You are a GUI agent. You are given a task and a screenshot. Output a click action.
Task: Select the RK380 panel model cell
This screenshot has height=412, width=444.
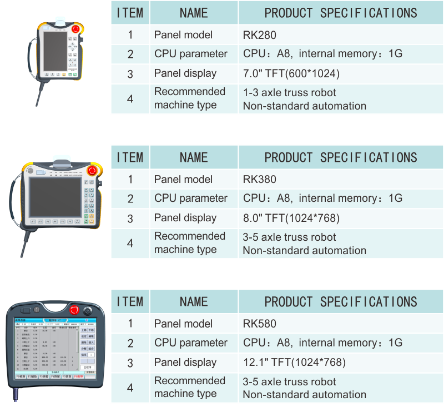pos(259,180)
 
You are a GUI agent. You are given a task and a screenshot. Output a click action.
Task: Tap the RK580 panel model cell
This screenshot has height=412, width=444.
pos(259,324)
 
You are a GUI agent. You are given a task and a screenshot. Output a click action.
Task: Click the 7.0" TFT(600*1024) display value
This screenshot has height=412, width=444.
pos(291,73)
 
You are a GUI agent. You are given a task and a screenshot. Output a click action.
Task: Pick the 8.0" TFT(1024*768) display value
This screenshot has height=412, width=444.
pos(291,218)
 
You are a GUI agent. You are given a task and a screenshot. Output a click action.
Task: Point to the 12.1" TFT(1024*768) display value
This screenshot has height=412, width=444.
pos(294,363)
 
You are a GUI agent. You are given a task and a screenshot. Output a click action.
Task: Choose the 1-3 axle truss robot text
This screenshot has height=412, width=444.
pos(289,93)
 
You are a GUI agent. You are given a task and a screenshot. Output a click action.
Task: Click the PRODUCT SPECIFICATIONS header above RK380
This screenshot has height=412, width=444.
pos(340,157)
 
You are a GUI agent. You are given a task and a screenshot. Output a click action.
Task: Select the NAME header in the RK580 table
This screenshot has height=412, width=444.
pos(193,302)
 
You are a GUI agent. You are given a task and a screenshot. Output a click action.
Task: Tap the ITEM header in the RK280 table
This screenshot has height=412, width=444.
pos(130,13)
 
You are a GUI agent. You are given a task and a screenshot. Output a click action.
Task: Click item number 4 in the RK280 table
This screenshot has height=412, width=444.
pos(130,99)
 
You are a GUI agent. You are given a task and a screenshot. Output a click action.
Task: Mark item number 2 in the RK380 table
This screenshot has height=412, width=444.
pos(130,198)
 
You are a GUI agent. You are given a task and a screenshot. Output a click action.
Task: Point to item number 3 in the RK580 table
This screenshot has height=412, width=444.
pos(130,363)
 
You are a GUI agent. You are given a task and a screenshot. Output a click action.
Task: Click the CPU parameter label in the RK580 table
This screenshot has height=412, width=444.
pos(191,343)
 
